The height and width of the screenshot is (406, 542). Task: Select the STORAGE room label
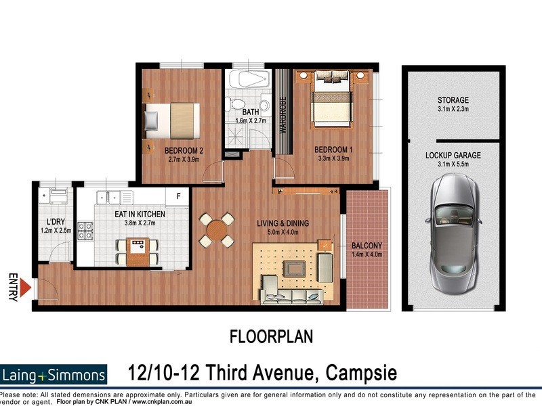coord(453,100)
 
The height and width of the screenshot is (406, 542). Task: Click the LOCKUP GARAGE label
coord(453,155)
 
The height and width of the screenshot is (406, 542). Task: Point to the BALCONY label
coord(367,246)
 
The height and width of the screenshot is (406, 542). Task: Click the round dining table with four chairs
coord(217,230)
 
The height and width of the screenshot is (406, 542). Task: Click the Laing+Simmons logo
coord(54,375)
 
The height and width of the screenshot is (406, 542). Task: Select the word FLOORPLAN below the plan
coord(271,336)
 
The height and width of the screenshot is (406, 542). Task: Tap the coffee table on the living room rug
coord(294,269)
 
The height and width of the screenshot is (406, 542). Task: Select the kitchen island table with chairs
coord(139,250)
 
